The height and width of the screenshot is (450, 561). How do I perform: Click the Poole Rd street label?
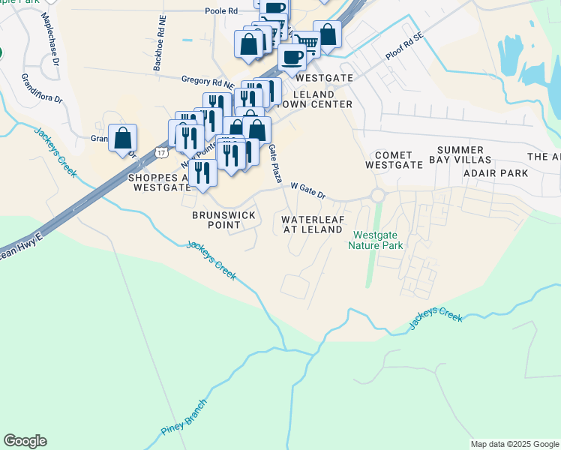coord(222,11)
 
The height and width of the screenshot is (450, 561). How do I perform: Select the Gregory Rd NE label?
coord(208,79)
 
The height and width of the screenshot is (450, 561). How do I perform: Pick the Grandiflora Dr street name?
coord(41,88)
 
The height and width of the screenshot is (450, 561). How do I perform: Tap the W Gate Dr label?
coord(307,190)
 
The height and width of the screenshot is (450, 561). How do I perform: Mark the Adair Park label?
coord(496,173)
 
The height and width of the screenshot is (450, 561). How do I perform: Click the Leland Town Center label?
coord(322,99)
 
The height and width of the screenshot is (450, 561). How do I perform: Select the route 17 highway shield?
coord(161,152)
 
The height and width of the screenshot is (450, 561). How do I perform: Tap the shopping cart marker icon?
coord(306,43)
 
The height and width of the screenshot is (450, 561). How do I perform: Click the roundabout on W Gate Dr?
coord(377,195)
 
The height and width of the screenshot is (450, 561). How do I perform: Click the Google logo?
coord(25,441)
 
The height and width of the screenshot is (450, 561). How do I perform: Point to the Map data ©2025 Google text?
coord(514,444)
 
